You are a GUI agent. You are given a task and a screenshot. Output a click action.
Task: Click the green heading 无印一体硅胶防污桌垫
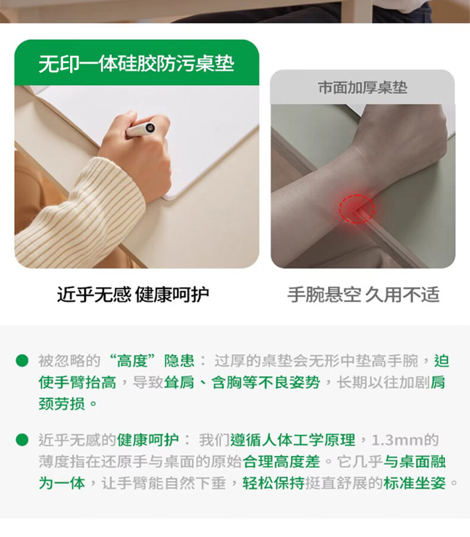point(136,64)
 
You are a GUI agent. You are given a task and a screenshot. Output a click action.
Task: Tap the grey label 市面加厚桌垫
point(362,88)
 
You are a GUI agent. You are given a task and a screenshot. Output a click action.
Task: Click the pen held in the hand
point(140,129)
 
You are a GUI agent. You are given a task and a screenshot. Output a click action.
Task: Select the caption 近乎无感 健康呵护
point(133,295)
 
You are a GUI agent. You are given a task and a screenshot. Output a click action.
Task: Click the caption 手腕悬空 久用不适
point(363,295)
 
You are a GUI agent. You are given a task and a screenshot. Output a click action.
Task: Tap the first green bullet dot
point(22,361)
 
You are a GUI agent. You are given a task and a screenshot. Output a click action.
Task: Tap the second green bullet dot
point(22,440)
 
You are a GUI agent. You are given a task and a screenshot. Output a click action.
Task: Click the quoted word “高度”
point(133,361)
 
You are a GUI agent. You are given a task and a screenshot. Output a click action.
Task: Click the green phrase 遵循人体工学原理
point(293,441)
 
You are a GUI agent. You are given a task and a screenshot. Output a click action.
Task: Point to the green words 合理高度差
point(282,461)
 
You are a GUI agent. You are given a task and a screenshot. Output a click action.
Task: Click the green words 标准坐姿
point(414,483)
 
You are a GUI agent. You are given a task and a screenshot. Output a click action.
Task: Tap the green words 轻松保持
point(274,483)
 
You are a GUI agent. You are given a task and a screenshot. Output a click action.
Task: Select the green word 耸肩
point(179,383)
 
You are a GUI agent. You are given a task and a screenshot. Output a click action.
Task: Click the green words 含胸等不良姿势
point(265,383)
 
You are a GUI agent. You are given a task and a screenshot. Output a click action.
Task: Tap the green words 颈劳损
point(62,404)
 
